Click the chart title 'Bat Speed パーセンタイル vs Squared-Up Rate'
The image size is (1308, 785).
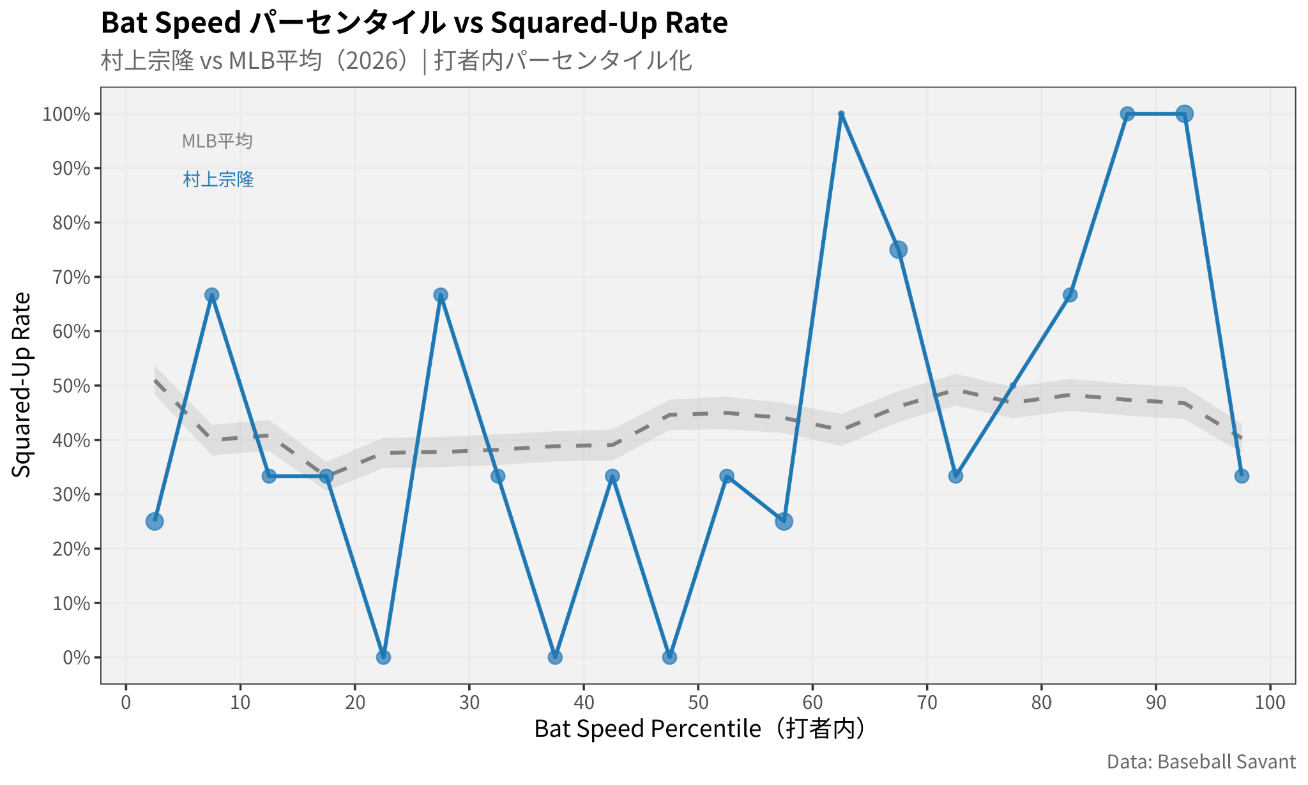(x=414, y=23)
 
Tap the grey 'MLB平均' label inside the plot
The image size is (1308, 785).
(x=217, y=141)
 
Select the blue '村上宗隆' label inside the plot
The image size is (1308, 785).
(x=218, y=179)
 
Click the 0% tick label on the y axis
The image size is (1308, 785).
(x=77, y=657)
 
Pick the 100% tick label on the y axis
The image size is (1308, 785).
(x=66, y=114)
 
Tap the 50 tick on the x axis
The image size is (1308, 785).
(x=698, y=703)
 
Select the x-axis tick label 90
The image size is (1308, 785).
(x=1155, y=703)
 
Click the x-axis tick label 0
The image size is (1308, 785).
(x=126, y=703)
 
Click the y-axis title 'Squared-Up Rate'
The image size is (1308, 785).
(x=22, y=385)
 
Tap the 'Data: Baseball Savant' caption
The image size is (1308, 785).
(x=1201, y=762)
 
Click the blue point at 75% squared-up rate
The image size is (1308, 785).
(x=898, y=250)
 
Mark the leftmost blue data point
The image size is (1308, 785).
(x=155, y=521)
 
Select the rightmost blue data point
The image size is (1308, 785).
(x=1242, y=476)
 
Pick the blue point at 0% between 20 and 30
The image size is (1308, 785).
(x=383, y=657)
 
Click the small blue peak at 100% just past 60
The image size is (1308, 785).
(x=841, y=114)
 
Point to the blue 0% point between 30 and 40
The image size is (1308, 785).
(x=555, y=657)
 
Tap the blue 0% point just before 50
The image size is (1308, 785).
(x=669, y=657)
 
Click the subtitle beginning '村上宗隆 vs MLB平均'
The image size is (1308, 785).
(x=396, y=61)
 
